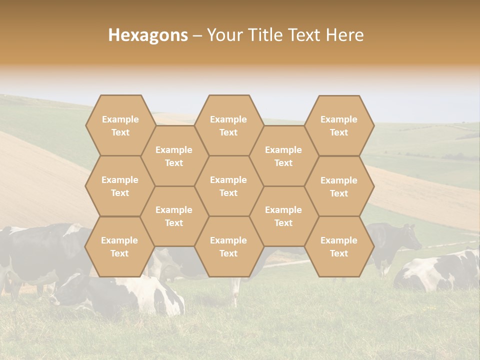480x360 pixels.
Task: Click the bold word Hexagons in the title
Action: tap(148, 35)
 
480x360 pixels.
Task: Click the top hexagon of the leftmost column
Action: tap(120, 125)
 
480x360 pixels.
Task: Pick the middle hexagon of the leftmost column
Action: tap(120, 186)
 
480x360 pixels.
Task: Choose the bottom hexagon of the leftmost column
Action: tap(119, 246)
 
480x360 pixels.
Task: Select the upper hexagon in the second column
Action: tap(174, 156)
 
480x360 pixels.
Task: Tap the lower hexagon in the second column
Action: tap(174, 216)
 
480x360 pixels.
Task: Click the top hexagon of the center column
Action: tap(228, 125)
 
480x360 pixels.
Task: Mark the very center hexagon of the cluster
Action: tap(228, 186)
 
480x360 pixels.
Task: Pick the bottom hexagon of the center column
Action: tap(228, 246)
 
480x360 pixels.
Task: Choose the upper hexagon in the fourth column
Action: tap(283, 156)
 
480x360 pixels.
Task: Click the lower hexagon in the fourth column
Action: tap(283, 216)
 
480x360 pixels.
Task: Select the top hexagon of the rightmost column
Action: tap(339, 125)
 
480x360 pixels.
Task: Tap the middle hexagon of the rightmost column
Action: tap(339, 186)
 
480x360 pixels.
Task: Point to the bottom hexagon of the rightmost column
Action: tap(339, 246)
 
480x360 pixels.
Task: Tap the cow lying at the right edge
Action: tap(440, 272)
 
